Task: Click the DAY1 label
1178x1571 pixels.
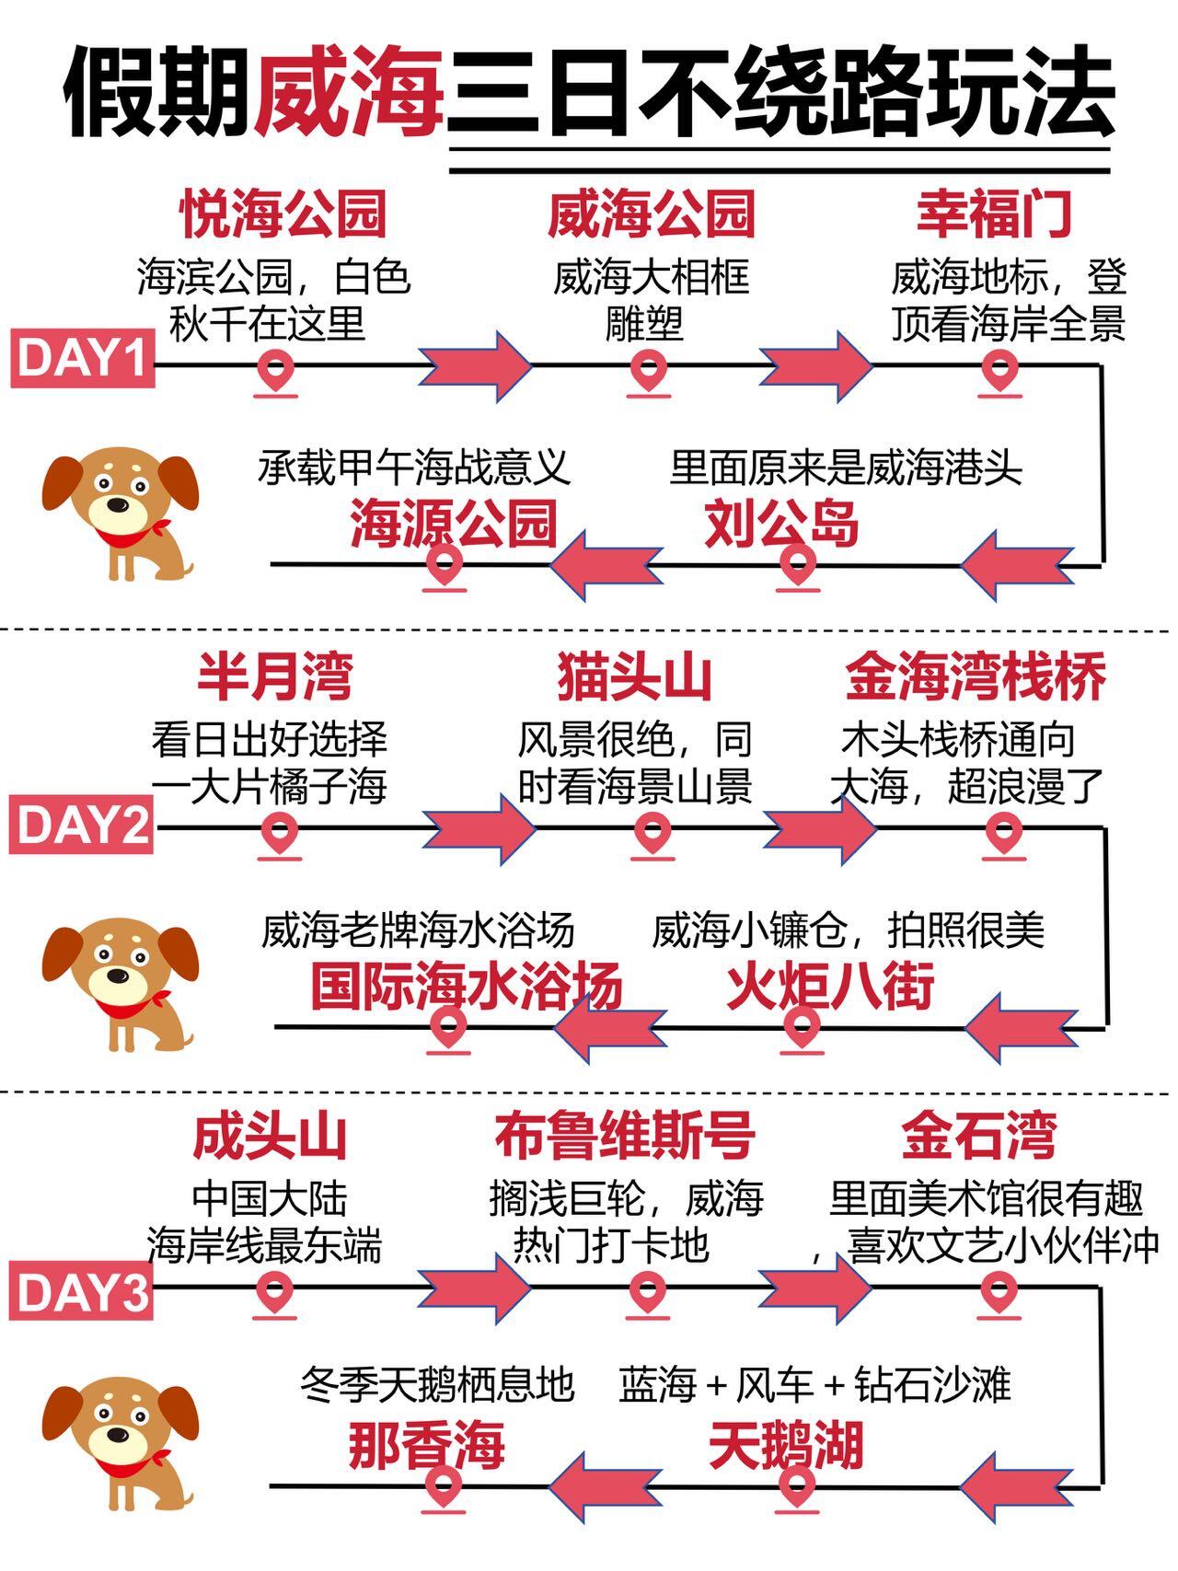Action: (x=82, y=358)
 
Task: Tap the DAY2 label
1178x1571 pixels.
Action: (x=81, y=825)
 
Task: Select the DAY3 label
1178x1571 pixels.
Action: (x=81, y=1292)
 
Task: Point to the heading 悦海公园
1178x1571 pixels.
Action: (x=283, y=214)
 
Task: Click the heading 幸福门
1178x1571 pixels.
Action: (x=994, y=214)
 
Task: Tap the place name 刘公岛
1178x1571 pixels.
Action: (x=781, y=524)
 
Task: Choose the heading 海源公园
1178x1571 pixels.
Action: (x=454, y=524)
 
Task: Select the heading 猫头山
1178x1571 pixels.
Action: (x=635, y=678)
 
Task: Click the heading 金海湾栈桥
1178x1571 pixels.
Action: (x=976, y=678)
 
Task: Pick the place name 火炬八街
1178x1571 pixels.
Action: (x=830, y=987)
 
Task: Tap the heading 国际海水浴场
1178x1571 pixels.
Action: (x=467, y=987)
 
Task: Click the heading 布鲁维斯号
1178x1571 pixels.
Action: (x=625, y=1136)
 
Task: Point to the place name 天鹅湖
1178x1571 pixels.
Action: (x=786, y=1446)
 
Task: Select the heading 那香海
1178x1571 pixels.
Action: (x=427, y=1446)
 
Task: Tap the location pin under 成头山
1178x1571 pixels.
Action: (x=274, y=1292)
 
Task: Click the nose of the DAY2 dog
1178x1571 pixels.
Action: (x=116, y=976)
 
